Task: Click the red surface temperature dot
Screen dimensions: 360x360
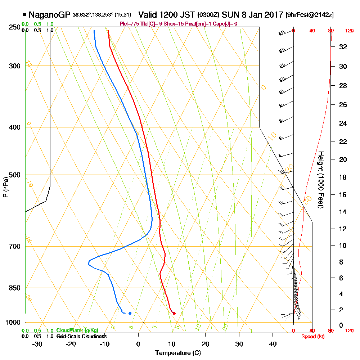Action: coord(174,313)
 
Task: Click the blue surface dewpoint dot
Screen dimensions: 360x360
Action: coord(130,313)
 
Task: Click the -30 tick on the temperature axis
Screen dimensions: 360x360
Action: coord(37,344)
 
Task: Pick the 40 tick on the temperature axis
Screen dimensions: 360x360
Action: coord(273,344)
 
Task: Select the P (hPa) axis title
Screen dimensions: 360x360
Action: coord(5,187)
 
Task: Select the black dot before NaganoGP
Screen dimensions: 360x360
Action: coord(24,15)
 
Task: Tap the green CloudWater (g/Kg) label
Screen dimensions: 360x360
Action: coord(77,330)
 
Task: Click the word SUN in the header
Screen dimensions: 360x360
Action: coord(229,15)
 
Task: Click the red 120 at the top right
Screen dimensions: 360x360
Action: coord(349,31)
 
